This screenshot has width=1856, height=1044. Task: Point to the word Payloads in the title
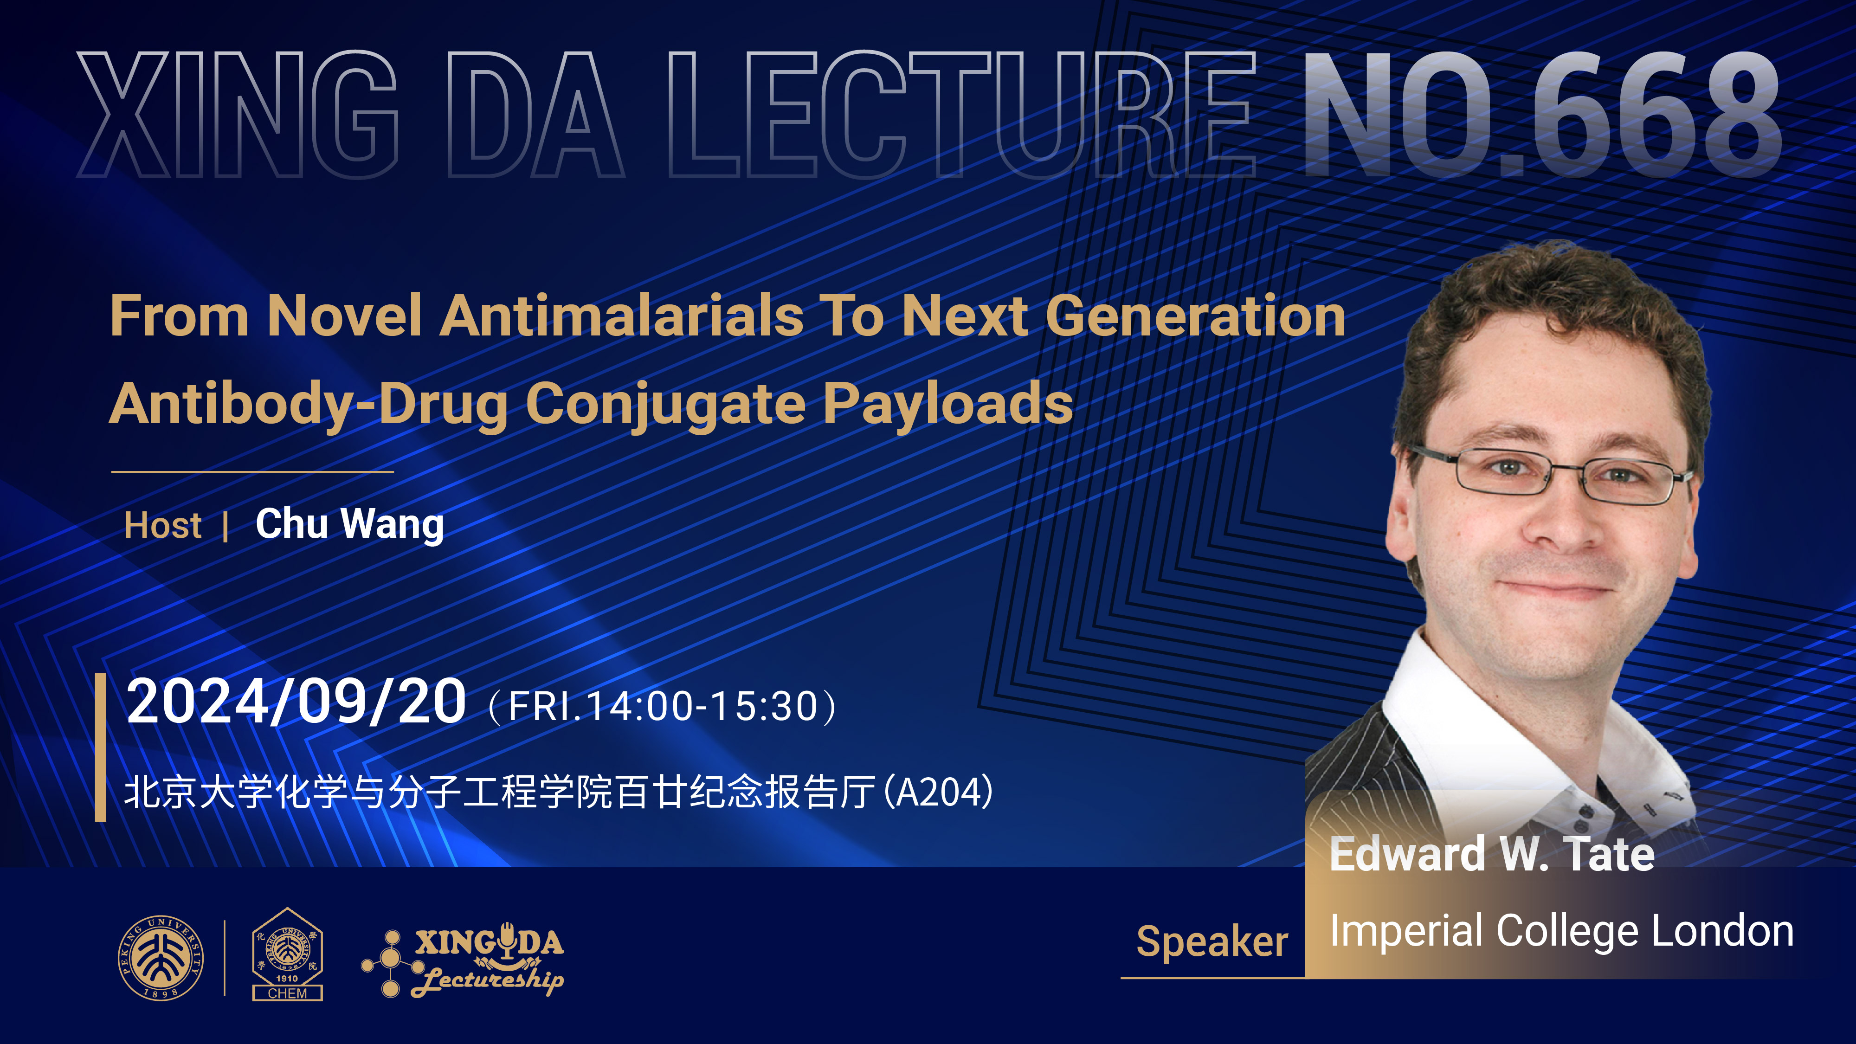coord(948,405)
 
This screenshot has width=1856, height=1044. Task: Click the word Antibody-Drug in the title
coord(309,405)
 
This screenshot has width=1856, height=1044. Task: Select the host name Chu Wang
coord(349,524)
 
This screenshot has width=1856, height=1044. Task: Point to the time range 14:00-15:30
coord(702,706)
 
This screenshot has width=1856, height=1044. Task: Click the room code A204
coord(939,792)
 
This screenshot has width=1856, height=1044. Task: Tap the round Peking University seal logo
coord(161,958)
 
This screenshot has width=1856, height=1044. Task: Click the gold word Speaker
coord(1212,942)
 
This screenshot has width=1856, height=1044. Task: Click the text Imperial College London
coord(1561,932)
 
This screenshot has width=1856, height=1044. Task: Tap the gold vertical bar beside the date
coord(101,747)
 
